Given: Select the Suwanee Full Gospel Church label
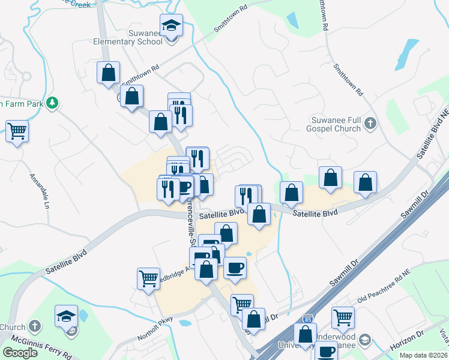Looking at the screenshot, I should click(336, 124).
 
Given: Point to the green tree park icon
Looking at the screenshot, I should click(53, 103).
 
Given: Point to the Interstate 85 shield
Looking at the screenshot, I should click(308, 317).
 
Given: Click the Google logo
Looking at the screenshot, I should click(20, 353).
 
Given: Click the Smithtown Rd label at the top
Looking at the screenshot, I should click(231, 20).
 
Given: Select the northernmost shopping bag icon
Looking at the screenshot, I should click(109, 73).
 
